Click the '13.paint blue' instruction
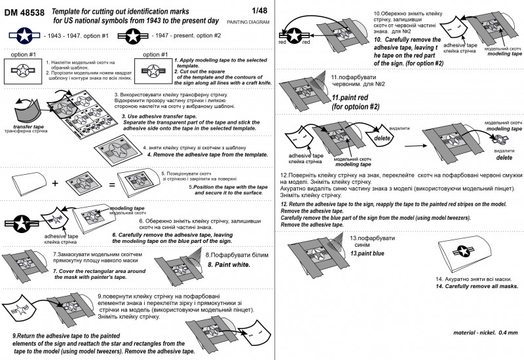pos(367,253)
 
